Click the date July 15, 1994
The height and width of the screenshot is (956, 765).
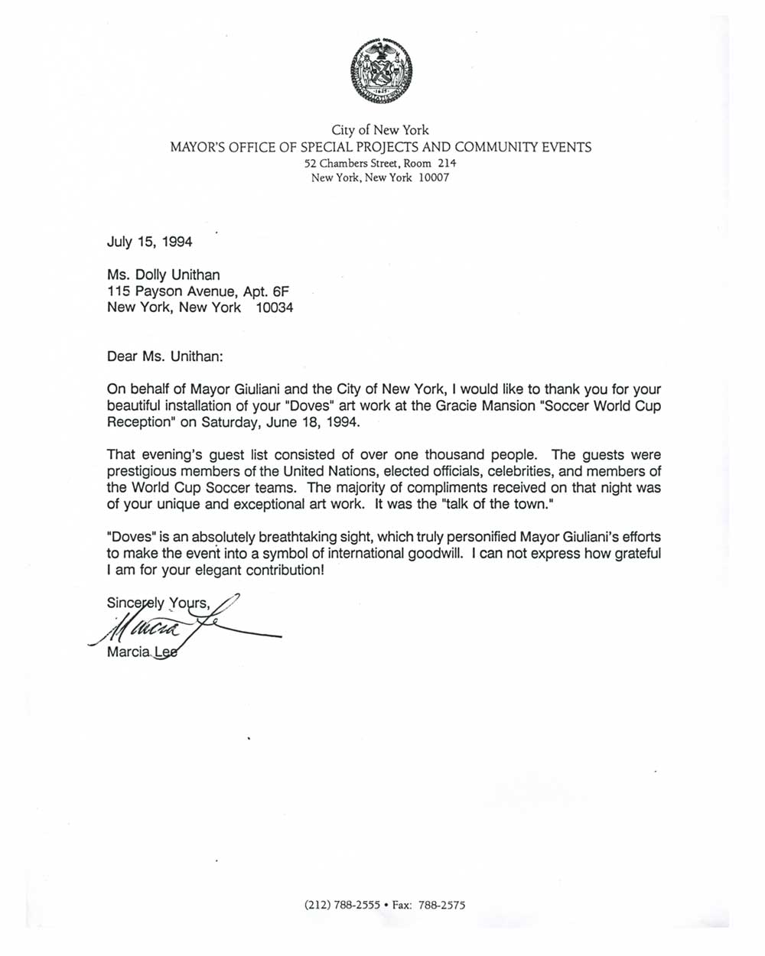pos(149,242)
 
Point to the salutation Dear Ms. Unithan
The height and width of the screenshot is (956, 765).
pos(164,356)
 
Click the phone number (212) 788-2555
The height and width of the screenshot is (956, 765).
pos(342,905)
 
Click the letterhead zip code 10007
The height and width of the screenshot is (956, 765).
pos(434,177)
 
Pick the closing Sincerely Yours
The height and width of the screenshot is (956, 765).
pos(158,603)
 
